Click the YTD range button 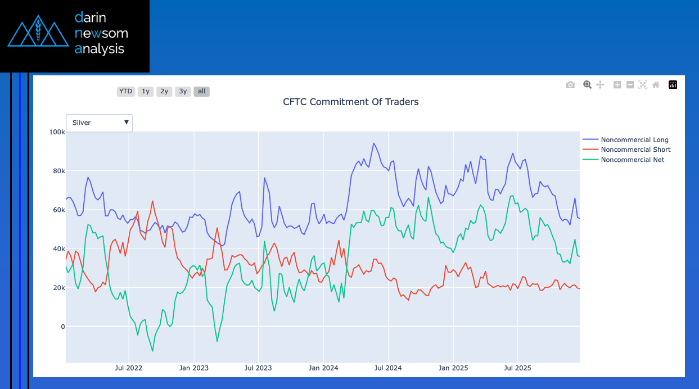pos(125,91)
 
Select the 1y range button pos(145,91)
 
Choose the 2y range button pos(164,91)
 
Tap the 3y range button pos(183,91)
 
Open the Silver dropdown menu pos(100,123)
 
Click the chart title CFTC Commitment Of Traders pos(350,102)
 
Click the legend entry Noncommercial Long pos(634,140)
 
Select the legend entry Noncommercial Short pos(635,150)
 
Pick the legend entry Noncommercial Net pos(632,160)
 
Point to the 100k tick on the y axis pos(57,132)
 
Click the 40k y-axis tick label pos(57,248)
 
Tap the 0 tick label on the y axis pos(62,327)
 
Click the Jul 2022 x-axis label pos(129,368)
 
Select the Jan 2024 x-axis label pos(323,368)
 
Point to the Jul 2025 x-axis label pos(517,368)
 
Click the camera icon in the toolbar pos(570,85)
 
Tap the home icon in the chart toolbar pos(656,85)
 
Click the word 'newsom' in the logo pos(101,33)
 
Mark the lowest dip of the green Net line pos(152,351)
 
